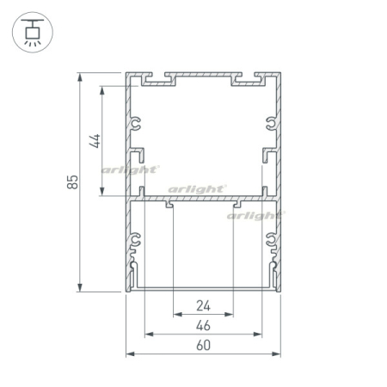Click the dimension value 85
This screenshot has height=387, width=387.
[72, 182]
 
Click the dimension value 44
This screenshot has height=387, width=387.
[95, 141]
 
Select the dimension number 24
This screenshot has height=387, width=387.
[203, 306]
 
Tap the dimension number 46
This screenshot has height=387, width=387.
[203, 325]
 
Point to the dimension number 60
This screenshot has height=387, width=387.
[203, 345]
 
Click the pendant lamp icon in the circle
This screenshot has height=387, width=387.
[34, 33]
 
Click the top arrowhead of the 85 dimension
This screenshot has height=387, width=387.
[80, 77]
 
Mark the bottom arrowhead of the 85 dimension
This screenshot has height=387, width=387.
[80, 287]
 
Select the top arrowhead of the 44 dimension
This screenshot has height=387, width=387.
[102, 90]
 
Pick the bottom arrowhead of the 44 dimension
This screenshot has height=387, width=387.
[102, 191]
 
